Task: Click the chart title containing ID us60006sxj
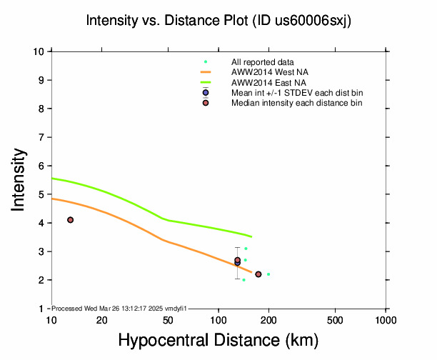[x=218, y=21]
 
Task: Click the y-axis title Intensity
[x=19, y=179]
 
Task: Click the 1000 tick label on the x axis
[x=386, y=321]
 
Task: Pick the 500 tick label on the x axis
[x=335, y=321]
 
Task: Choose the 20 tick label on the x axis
[x=102, y=321]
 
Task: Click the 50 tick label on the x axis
[x=169, y=321]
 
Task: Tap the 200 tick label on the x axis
[x=268, y=321]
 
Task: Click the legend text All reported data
[x=268, y=62]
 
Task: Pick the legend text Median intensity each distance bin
[x=296, y=104]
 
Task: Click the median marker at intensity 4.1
[x=70, y=220]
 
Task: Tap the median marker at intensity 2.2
[x=258, y=274]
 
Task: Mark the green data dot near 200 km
[x=268, y=274]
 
